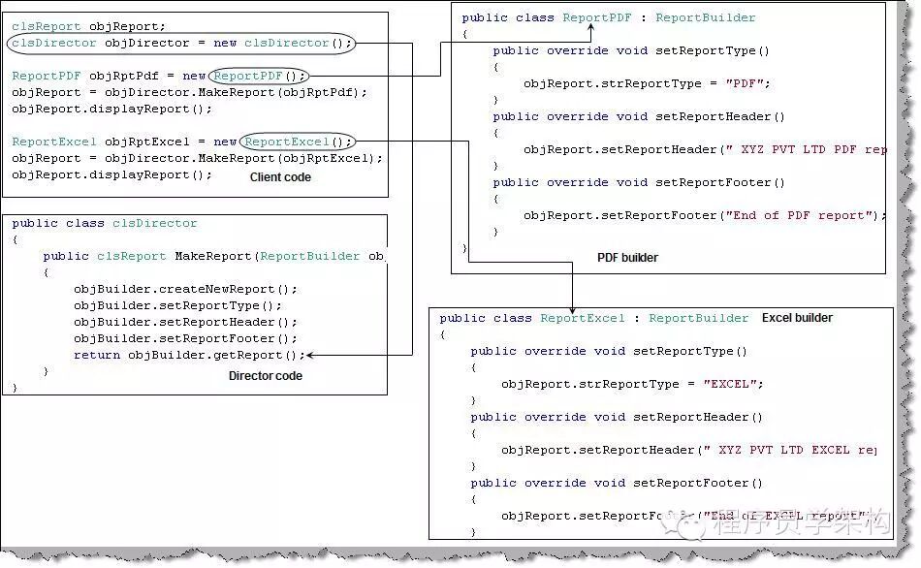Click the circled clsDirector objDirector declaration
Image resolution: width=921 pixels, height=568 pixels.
point(181,44)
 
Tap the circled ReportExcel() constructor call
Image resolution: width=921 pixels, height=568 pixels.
point(298,142)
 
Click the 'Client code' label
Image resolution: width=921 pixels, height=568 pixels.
point(280,177)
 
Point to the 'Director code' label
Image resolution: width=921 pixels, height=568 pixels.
point(265,376)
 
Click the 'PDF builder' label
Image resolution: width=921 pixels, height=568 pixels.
point(627,258)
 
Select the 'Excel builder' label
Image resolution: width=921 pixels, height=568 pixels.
point(797,318)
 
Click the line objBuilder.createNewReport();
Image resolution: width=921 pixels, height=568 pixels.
point(185,290)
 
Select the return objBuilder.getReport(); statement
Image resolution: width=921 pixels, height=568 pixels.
point(189,356)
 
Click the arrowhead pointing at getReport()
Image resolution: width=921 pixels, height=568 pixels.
point(311,356)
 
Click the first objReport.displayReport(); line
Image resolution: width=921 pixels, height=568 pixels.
point(111,110)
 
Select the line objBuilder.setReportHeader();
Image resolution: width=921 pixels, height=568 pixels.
point(185,323)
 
